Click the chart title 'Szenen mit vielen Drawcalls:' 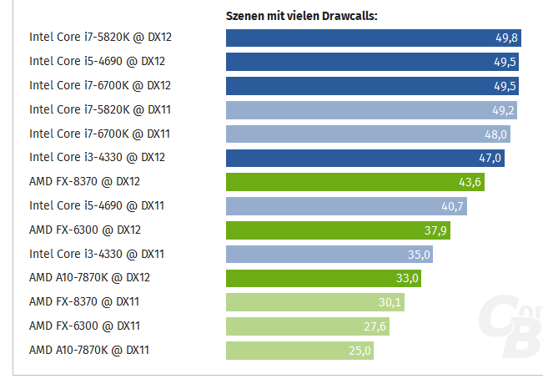click(x=302, y=15)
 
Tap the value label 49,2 click(x=502, y=110)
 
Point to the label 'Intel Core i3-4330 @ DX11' click(x=98, y=254)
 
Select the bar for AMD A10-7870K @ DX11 click(x=299, y=351)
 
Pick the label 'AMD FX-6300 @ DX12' click(x=84, y=230)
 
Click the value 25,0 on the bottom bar click(x=359, y=351)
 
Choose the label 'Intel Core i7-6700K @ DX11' click(x=100, y=133)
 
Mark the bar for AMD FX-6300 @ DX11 click(x=307, y=326)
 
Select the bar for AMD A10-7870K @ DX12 click(x=323, y=278)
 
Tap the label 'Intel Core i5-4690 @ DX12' click(x=98, y=61)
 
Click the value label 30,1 click(x=390, y=302)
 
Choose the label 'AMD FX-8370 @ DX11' click(x=84, y=301)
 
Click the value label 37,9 click(x=435, y=230)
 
